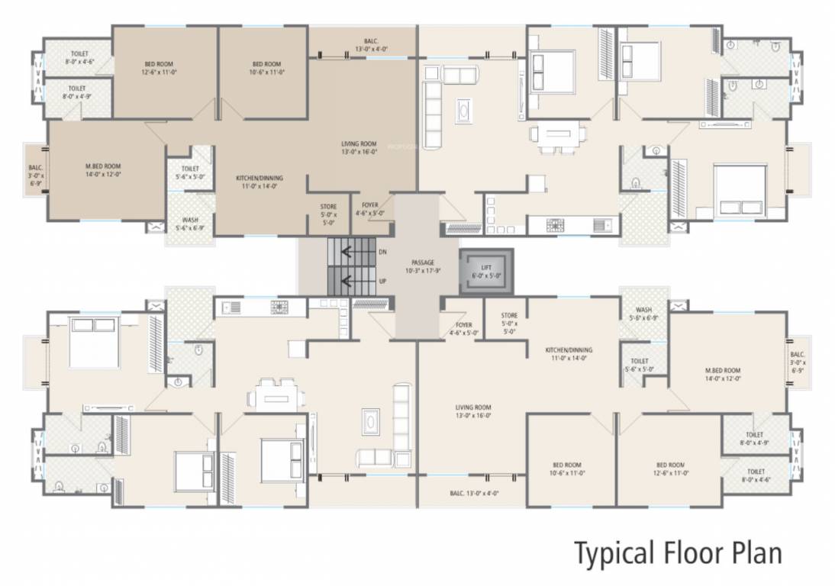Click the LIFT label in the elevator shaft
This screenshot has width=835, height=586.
(x=486, y=268)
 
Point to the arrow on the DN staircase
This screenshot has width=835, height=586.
(x=352, y=251)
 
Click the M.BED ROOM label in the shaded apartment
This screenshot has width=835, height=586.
(x=103, y=166)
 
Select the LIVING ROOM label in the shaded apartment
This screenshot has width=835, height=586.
(x=359, y=143)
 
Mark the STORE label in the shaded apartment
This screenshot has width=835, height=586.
(x=328, y=206)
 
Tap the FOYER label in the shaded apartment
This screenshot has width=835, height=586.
(x=369, y=205)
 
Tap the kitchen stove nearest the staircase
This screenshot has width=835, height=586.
(x=279, y=307)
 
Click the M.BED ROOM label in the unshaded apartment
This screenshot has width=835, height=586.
(x=722, y=370)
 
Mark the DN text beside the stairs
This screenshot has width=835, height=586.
(x=382, y=251)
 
